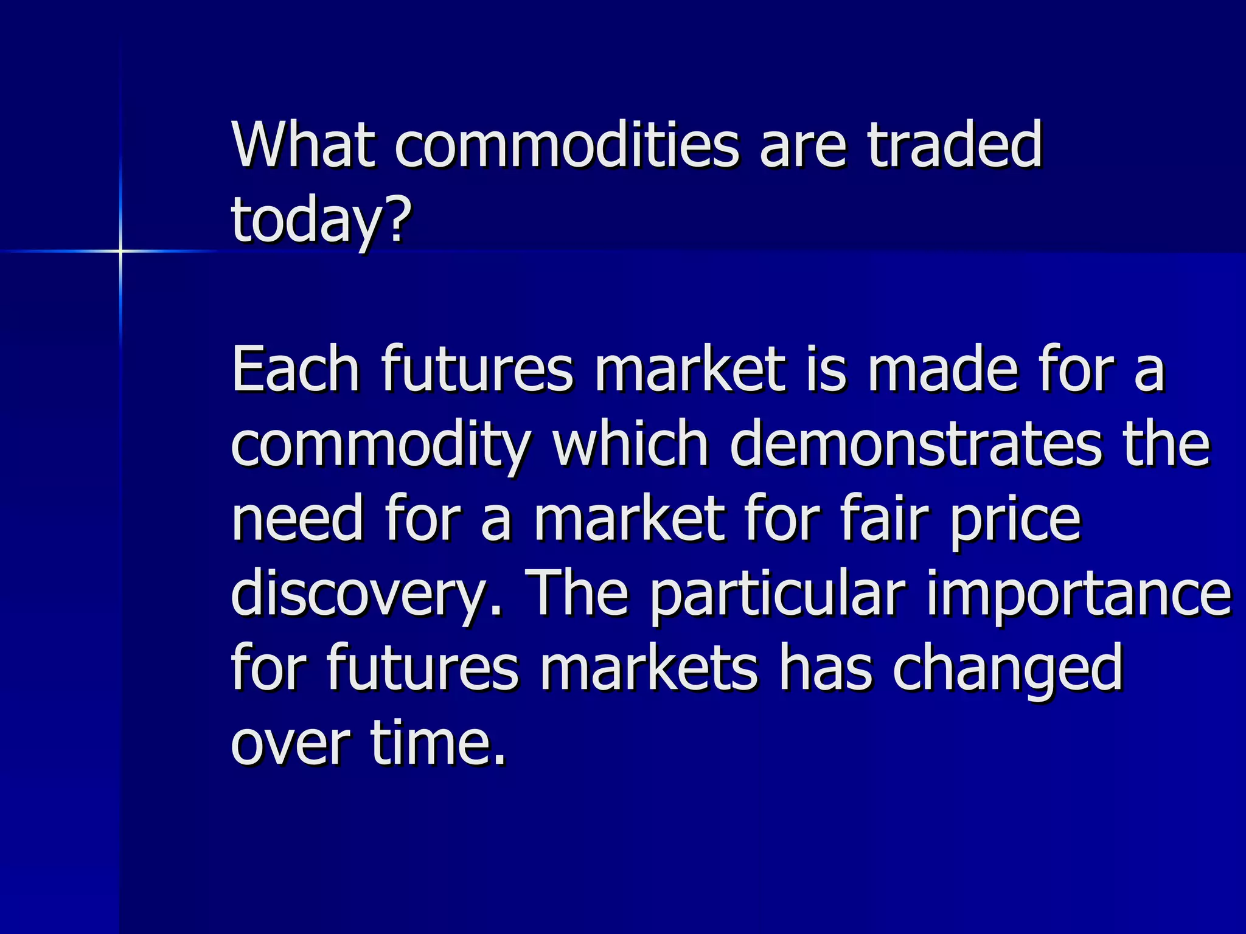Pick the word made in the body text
coord(942,369)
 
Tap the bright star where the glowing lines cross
coord(120,251)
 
